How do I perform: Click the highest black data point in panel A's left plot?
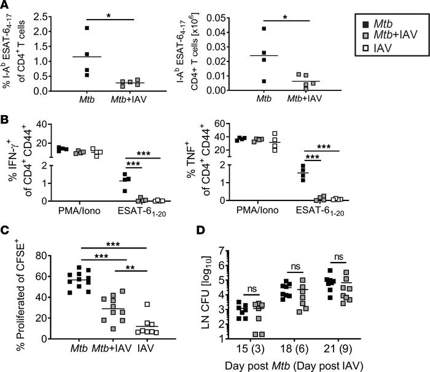(x=87, y=28)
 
